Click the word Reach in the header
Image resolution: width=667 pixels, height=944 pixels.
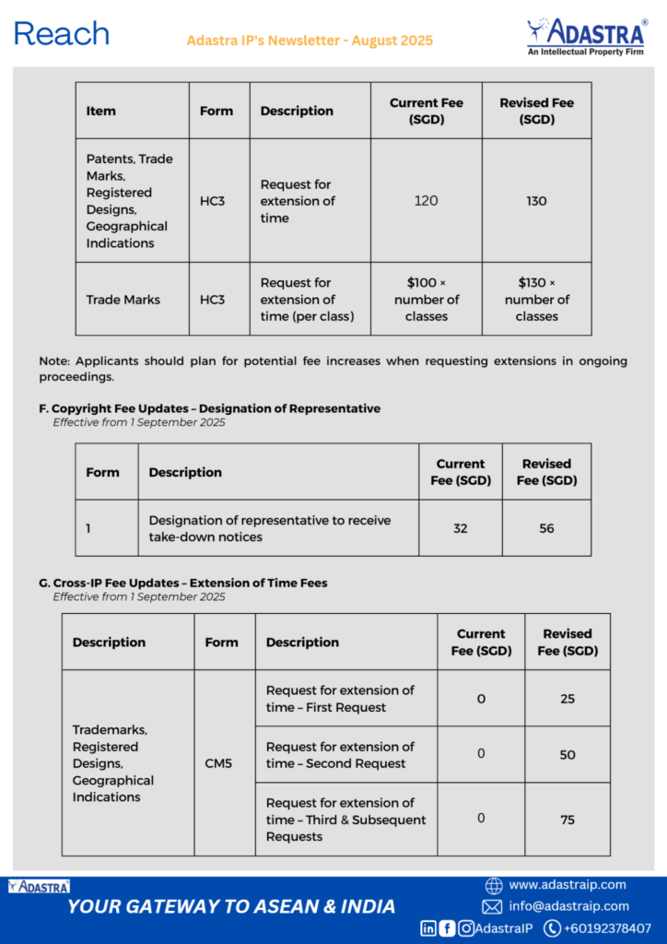coord(62,35)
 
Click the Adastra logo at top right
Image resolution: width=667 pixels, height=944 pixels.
coord(585,36)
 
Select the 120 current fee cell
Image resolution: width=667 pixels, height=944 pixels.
coord(426,201)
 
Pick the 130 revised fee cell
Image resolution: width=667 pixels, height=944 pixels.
coord(536,201)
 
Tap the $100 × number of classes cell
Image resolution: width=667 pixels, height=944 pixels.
coord(426,300)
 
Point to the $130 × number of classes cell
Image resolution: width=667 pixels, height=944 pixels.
coord(536,300)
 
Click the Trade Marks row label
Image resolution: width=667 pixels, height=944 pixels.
coord(123,300)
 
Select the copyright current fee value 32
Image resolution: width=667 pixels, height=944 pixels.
coord(460,529)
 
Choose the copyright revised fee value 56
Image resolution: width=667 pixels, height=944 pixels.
coord(546,529)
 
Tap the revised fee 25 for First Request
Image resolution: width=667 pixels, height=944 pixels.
coord(568,699)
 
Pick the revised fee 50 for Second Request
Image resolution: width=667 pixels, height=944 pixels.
coord(568,755)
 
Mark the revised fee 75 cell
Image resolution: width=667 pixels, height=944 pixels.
coord(568,820)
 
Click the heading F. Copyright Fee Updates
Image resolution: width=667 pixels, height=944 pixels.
coord(209,408)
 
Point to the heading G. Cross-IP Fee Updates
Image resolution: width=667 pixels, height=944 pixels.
coord(182,583)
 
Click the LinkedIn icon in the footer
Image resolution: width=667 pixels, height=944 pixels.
coord(428,928)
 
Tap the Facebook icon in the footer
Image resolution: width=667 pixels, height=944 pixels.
coord(448,928)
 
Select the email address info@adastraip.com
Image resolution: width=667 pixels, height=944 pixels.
coord(568,906)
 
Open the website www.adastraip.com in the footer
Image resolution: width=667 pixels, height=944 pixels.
coord(567,885)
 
